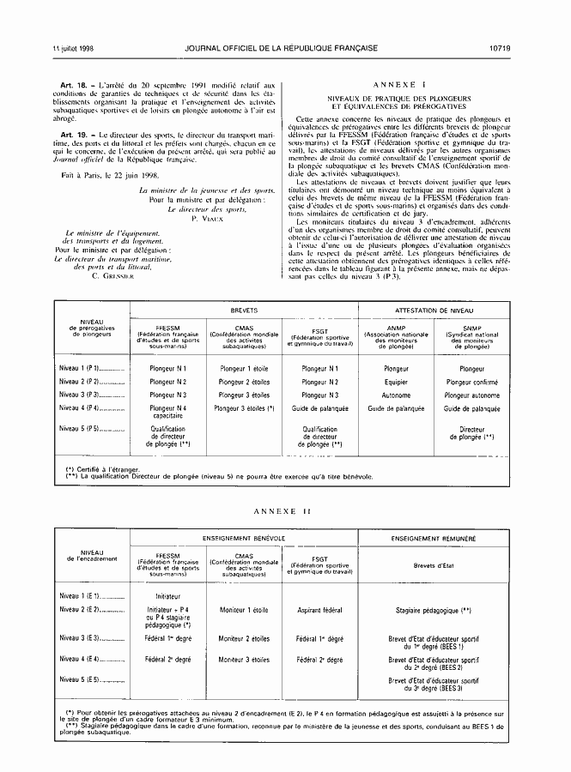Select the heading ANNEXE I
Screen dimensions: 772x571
(402, 87)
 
